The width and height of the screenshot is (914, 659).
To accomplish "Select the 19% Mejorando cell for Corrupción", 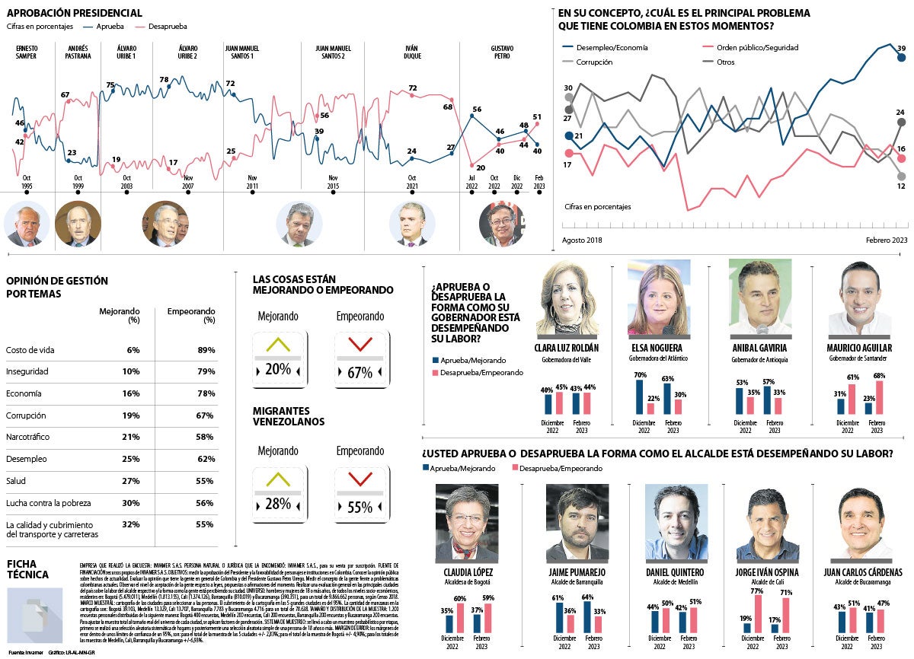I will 130,415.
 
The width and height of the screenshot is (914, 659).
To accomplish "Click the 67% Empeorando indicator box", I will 361,355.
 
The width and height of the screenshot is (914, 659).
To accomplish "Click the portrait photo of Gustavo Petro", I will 502,223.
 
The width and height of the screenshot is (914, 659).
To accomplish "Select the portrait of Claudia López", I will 467,523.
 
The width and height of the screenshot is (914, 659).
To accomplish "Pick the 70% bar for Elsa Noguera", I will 640,396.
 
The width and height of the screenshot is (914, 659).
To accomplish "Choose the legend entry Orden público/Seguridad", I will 756,47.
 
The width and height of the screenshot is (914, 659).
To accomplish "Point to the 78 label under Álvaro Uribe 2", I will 164,80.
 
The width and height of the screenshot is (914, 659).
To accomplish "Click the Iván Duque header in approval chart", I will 411,52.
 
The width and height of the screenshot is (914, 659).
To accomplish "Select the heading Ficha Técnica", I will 27,569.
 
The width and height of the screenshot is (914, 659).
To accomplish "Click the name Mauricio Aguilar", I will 859,347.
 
